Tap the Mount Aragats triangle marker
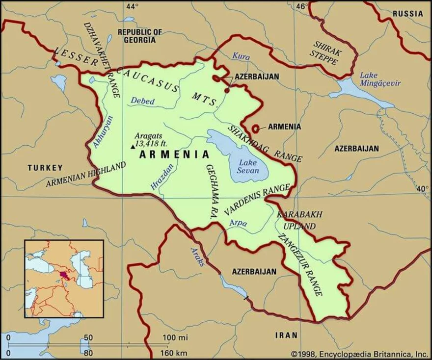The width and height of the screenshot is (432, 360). click(131, 146)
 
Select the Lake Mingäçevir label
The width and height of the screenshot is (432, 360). click(380, 79)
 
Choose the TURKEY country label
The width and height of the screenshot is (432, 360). click(45, 167)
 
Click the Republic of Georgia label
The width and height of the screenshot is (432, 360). click(139, 36)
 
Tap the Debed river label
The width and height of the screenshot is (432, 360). click(142, 101)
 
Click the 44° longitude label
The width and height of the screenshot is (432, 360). click(132, 6)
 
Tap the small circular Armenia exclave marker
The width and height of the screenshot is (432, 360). click(255, 129)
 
